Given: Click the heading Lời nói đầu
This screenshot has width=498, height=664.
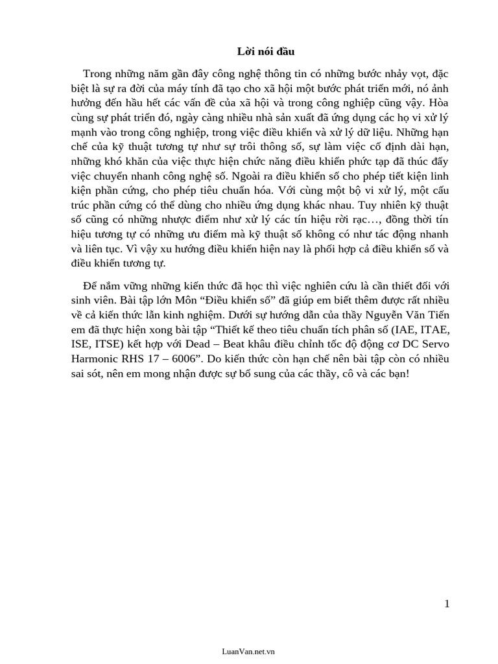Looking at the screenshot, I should (x=257, y=51).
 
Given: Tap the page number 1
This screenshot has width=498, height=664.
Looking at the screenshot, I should (x=447, y=604).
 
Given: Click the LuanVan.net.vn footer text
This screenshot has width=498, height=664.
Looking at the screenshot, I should (x=248, y=651).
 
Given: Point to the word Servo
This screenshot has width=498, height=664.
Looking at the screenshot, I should (x=433, y=345).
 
